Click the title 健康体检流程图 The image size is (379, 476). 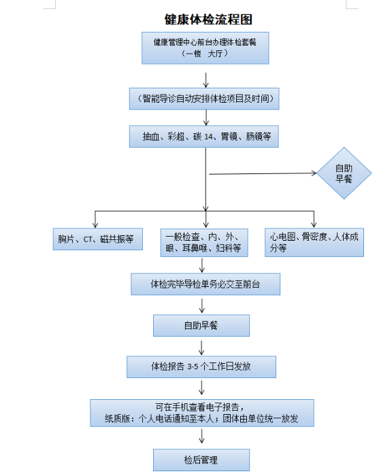(x=203, y=20)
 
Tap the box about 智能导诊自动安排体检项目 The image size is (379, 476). (x=205, y=99)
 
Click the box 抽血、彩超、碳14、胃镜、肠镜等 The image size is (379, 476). (x=205, y=137)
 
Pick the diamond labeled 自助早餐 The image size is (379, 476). (x=344, y=173)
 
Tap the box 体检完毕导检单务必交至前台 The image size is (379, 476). (x=205, y=284)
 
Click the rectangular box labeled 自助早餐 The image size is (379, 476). (x=201, y=326)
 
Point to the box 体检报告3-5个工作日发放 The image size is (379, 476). (x=201, y=367)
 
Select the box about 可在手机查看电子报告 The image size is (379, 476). (x=201, y=413)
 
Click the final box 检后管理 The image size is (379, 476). (x=201, y=460)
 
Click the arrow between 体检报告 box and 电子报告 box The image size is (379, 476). (x=201, y=388)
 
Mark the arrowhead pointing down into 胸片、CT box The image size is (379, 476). (x=95, y=224)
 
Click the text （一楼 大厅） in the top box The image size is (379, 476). (x=204, y=53)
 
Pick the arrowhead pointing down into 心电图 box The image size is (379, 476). (x=314, y=224)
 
